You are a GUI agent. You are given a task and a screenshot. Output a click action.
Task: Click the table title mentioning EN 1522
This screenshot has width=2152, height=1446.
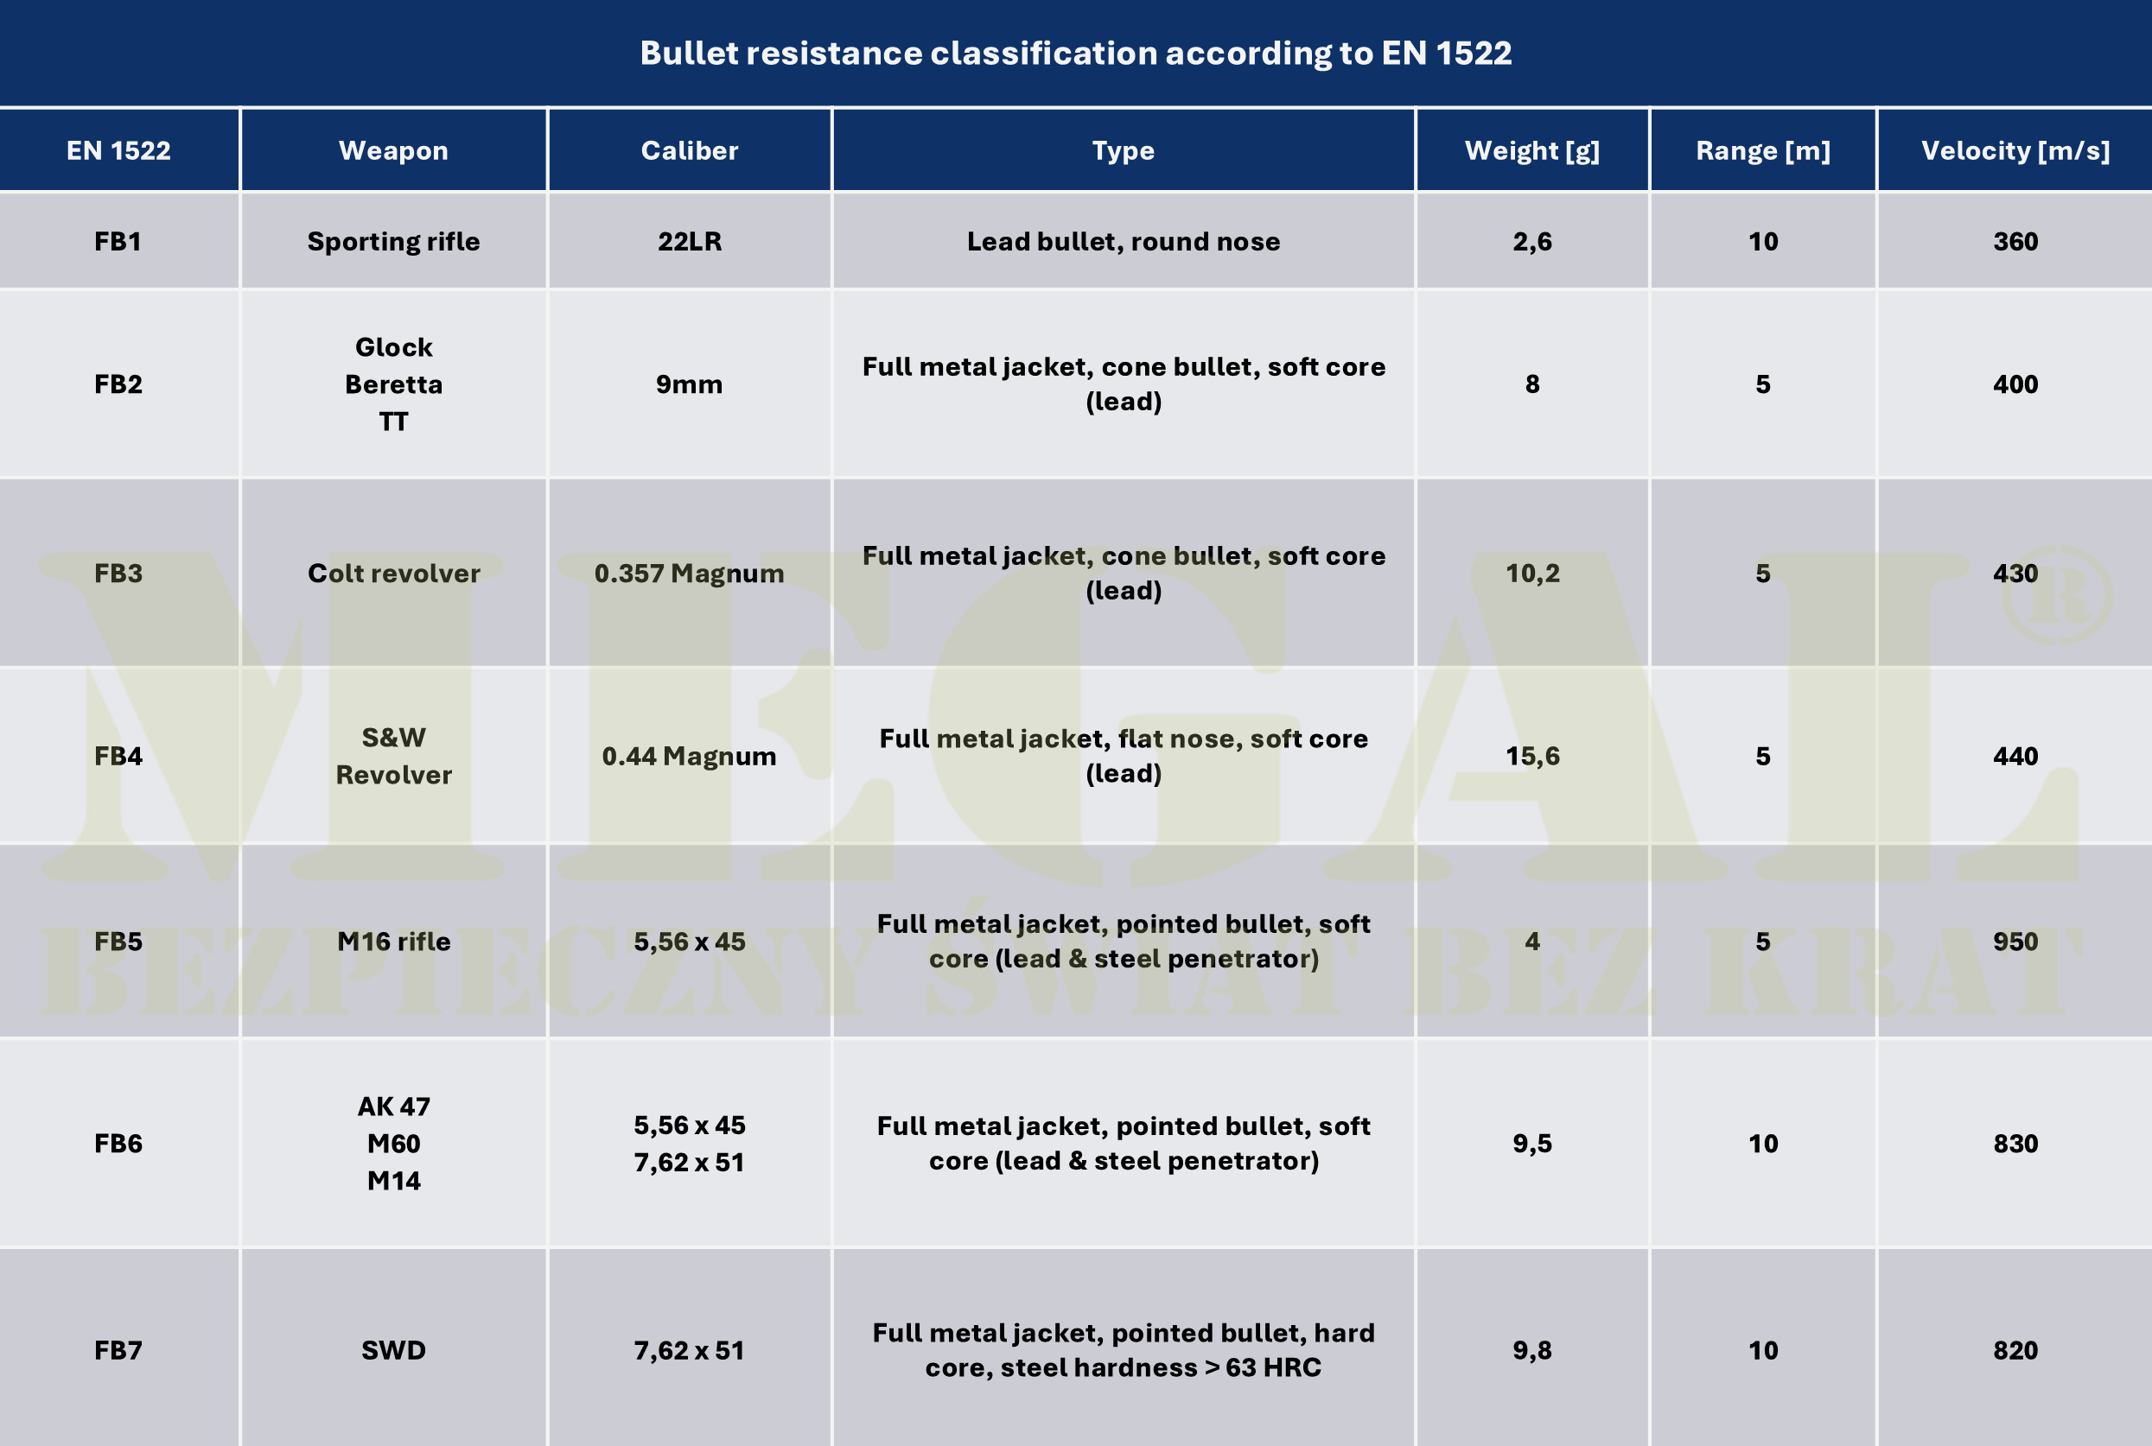1075,54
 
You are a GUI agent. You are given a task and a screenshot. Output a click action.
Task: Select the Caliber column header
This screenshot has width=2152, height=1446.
689,150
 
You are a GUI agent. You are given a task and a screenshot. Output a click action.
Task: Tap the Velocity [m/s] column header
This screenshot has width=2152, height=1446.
2015,150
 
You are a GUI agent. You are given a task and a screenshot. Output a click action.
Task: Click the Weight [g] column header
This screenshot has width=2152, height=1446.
1531,150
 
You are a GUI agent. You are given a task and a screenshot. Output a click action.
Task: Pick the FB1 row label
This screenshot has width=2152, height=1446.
118,242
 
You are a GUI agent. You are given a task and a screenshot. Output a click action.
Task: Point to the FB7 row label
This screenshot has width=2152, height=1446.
118,1350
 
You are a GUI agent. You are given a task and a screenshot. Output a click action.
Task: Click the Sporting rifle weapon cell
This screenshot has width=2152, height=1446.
393,242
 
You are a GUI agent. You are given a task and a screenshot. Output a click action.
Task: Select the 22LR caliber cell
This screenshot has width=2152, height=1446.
689,242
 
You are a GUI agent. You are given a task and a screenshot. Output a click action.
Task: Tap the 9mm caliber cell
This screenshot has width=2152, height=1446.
689,384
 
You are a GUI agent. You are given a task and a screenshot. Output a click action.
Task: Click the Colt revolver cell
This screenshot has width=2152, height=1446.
393,574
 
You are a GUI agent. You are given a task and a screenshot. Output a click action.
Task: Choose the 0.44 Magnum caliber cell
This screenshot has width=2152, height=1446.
689,756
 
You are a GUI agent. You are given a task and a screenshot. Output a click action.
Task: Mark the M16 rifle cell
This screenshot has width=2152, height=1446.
393,942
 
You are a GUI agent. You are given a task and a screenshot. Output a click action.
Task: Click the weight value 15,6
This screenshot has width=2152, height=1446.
1531,756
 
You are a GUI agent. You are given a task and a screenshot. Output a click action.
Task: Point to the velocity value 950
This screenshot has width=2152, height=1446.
2015,942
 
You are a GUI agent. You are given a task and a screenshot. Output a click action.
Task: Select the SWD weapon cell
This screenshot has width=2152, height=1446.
393,1350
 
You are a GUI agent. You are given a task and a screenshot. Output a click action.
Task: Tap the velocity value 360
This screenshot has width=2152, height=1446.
2015,242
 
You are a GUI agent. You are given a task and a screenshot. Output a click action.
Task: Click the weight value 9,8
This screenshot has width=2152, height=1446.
1531,1350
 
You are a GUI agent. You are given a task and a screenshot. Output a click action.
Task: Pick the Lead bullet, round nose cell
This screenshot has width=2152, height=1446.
1123,242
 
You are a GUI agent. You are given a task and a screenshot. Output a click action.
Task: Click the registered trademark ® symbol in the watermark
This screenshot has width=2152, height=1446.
2056,596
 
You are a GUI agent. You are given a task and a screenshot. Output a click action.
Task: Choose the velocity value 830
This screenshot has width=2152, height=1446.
2015,1144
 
